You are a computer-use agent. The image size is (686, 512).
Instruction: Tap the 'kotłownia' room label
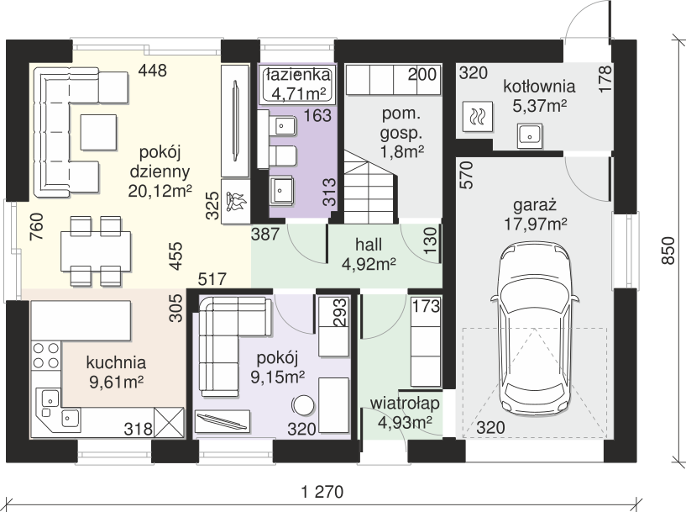539,87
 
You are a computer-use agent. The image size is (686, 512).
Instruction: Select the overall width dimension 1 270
322,492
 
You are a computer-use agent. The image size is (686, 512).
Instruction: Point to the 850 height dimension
668,251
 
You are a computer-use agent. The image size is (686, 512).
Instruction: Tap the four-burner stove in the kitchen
46,355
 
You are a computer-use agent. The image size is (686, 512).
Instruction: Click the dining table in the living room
96,251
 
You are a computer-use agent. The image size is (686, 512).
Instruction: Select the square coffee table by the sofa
98,132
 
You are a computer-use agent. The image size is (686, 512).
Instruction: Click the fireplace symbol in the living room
235,202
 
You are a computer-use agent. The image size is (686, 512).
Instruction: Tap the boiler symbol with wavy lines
477,117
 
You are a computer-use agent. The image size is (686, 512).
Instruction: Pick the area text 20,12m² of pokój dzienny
160,190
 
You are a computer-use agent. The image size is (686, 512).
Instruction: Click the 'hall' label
369,245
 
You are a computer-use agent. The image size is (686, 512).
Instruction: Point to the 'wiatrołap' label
405,403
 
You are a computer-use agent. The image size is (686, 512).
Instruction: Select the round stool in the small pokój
303,405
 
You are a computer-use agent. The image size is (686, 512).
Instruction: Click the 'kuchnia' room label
116,362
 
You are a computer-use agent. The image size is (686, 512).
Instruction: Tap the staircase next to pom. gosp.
371,187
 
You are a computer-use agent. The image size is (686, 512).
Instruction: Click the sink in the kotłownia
531,135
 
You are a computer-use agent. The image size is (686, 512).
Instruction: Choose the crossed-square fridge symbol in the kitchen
170,422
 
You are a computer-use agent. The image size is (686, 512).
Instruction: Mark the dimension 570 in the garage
467,175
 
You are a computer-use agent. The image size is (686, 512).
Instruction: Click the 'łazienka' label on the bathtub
298,75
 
